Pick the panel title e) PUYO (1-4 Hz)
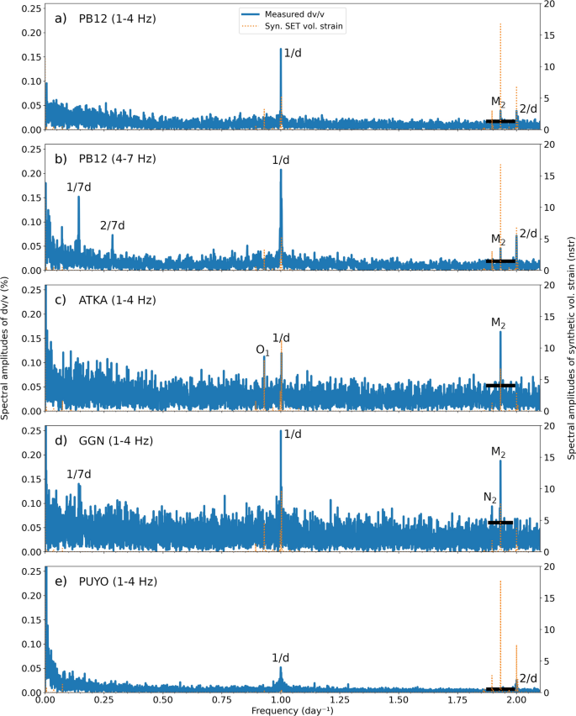click(103, 582)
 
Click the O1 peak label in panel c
click(262, 349)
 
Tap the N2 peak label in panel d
click(489, 498)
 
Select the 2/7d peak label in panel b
click(112, 225)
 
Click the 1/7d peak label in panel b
click(78, 187)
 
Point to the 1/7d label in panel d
click(78, 475)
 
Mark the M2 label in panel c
click(499, 322)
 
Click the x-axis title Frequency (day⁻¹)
click(292, 710)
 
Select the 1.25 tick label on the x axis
click(340, 699)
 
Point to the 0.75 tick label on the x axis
click(222, 699)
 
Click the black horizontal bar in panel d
click(499, 523)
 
